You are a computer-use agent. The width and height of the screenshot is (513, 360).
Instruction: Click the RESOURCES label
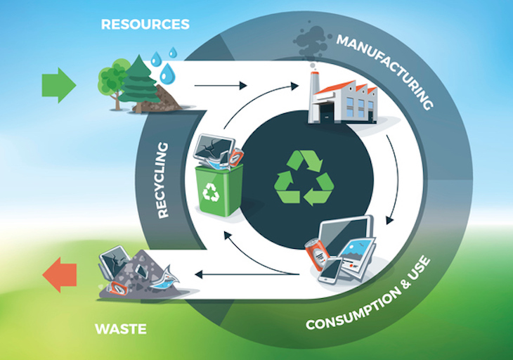coord(145,24)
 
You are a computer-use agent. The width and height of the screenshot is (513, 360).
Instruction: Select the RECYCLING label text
coord(162,180)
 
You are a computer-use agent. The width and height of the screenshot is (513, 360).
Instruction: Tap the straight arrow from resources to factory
coord(221,86)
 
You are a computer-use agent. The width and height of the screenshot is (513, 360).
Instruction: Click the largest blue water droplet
coord(167,72)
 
